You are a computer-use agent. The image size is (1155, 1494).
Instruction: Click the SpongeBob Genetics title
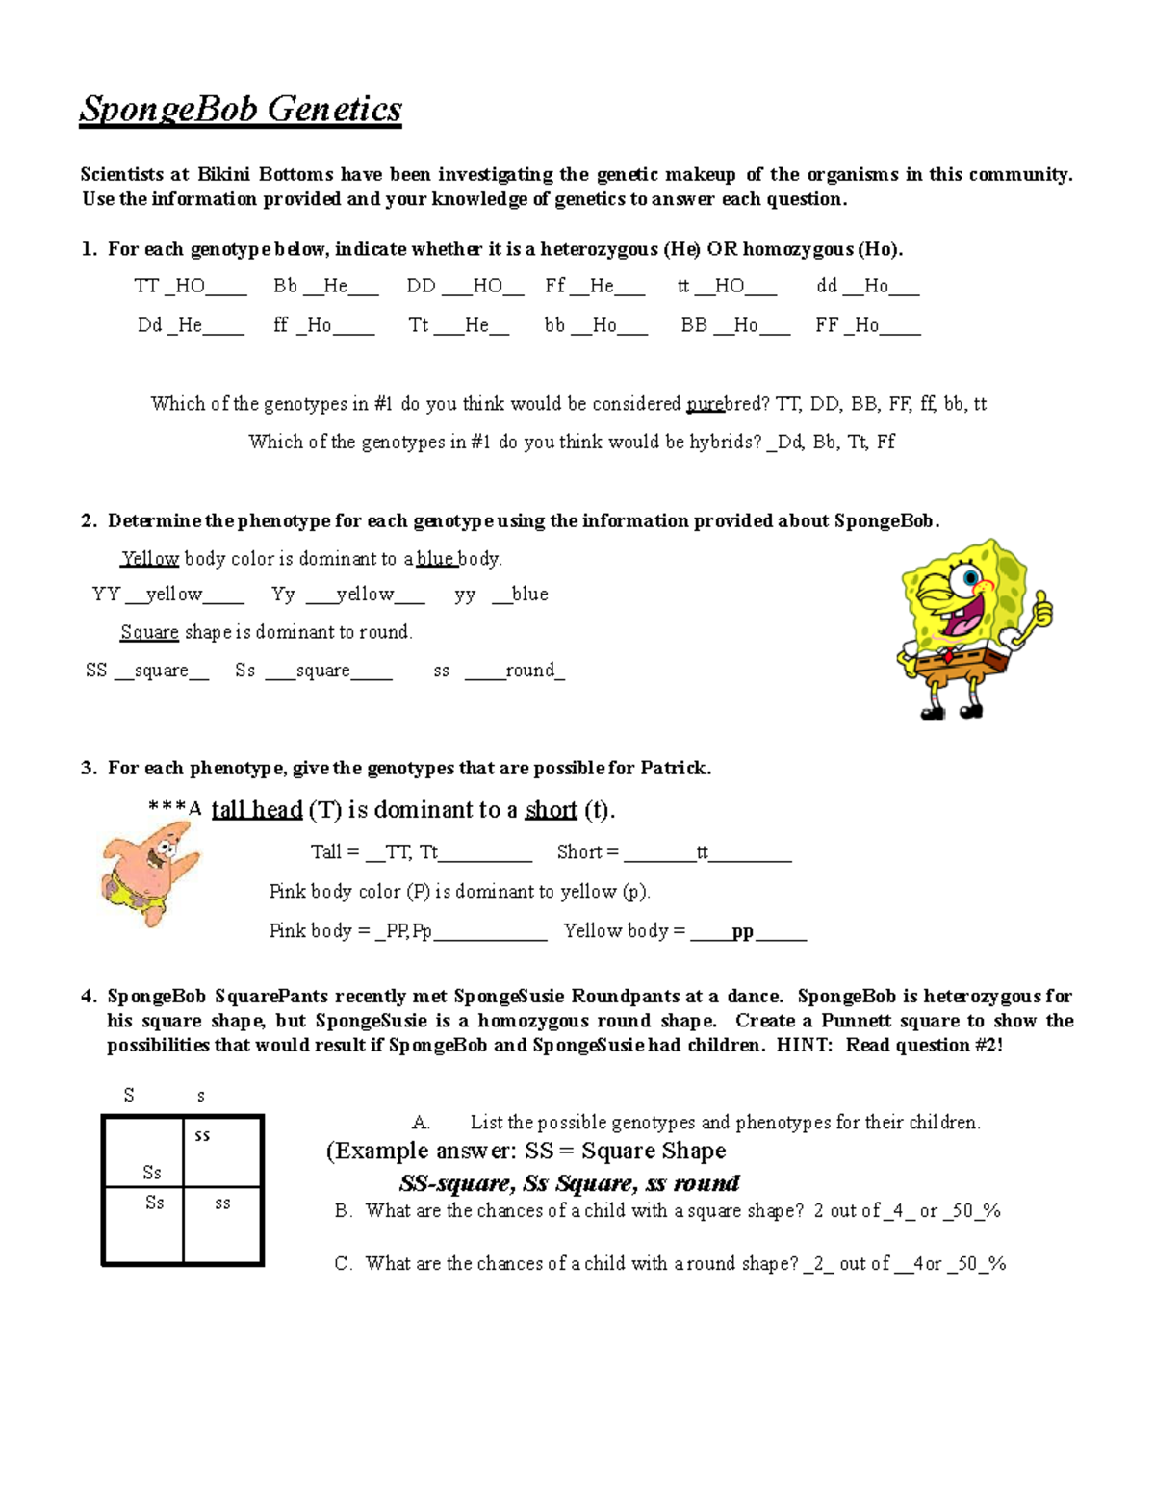241,109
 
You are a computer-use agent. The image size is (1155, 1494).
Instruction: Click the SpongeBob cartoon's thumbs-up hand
1040,607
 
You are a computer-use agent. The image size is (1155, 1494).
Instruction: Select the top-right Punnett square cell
222,1151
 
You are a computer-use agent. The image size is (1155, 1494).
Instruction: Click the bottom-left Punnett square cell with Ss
143,1224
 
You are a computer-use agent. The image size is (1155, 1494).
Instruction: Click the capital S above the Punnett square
129,1095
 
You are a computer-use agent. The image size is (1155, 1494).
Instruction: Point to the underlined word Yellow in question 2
150,559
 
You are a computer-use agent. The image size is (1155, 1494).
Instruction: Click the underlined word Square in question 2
149,632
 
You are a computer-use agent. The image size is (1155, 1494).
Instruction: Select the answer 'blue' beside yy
529,595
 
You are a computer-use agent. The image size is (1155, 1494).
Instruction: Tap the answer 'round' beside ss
530,671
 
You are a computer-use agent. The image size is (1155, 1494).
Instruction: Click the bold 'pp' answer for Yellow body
742,931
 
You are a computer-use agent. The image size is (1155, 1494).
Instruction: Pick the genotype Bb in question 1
285,286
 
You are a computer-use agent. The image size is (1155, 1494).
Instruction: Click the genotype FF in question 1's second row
827,325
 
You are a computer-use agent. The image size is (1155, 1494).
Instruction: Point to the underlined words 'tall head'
257,810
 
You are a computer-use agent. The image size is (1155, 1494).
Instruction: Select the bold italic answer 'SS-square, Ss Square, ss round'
569,1183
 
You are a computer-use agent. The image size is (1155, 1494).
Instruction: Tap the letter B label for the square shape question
343,1211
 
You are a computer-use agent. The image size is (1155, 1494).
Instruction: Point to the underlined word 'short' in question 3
551,810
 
